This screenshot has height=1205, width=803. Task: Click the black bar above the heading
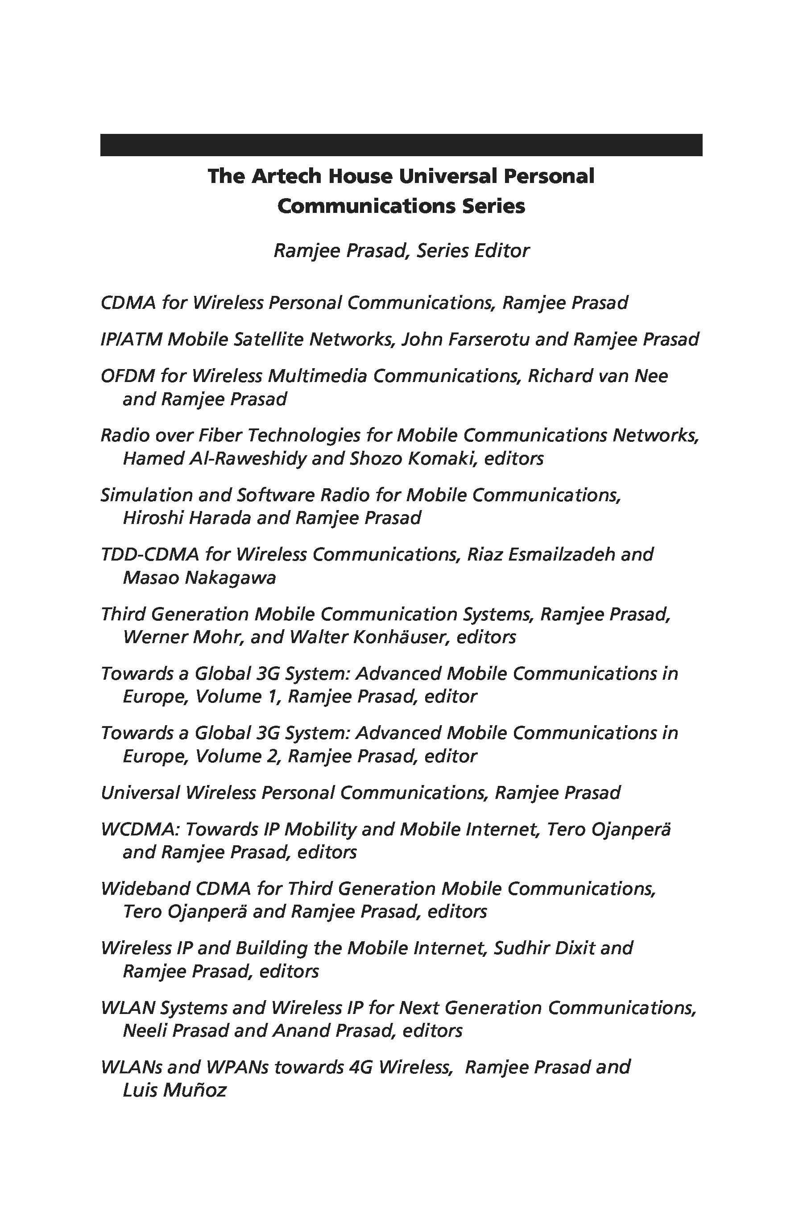(401, 145)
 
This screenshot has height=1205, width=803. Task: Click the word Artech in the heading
(286, 176)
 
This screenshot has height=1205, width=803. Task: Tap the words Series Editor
(473, 250)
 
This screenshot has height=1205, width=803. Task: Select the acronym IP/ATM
(131, 339)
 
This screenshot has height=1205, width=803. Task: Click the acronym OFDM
(128, 376)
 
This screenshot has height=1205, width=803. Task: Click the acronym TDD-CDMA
(149, 554)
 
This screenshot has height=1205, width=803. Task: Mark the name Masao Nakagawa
(199, 578)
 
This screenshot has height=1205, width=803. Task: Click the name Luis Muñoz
(174, 1090)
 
